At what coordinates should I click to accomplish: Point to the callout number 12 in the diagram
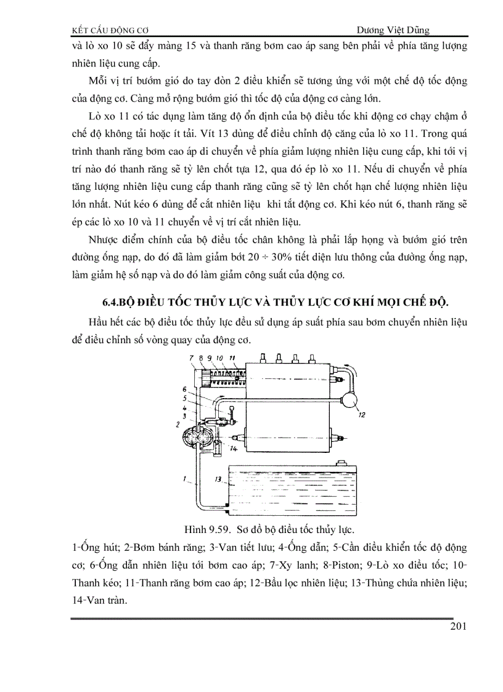[x=361, y=415]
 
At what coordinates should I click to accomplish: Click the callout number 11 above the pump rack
[x=232, y=357]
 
